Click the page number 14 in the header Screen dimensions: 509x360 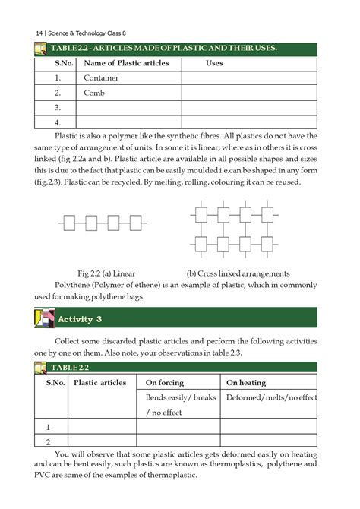point(39,32)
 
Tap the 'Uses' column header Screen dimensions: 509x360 point(214,63)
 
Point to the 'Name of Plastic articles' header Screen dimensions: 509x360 point(126,63)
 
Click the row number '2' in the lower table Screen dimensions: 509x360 point(48,441)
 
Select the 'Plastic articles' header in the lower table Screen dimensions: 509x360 point(99,383)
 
